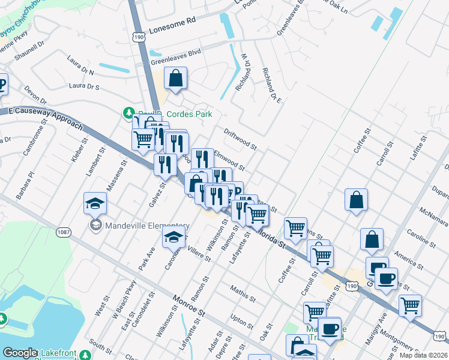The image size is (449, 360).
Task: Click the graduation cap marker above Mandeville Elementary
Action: pos(95,203)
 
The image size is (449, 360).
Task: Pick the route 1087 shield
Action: pos(64,232)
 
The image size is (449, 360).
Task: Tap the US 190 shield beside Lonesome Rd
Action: pos(139,37)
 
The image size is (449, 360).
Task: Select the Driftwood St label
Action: pos(240,140)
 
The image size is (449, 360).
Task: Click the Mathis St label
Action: pos(243,293)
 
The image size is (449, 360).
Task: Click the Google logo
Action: pos(20,353)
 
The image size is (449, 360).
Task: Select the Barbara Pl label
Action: pos(26,185)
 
